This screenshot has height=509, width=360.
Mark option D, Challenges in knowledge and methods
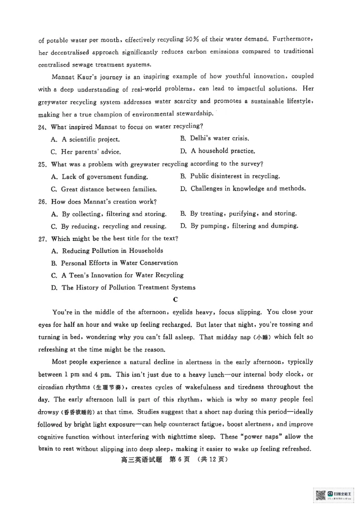click(x=243, y=189)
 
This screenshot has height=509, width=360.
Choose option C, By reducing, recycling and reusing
click(x=108, y=226)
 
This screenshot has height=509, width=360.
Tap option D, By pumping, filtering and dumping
click(x=239, y=226)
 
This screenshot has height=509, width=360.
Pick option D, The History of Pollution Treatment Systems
click(x=123, y=287)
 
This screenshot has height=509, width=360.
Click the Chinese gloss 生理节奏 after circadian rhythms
click(x=111, y=387)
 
